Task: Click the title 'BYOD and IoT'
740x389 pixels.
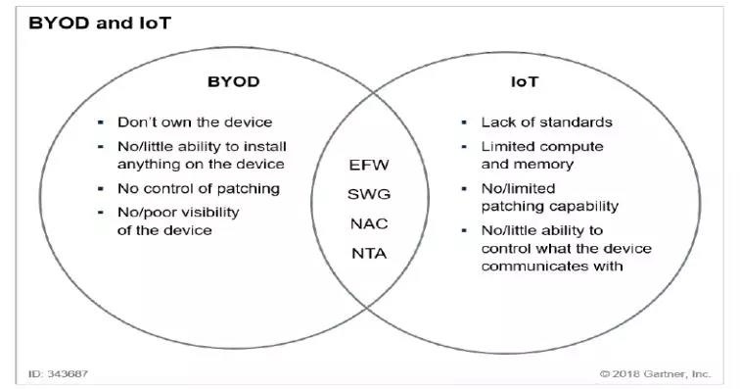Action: (100, 24)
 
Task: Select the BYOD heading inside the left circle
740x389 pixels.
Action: (234, 81)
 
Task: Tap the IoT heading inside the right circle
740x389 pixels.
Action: (525, 81)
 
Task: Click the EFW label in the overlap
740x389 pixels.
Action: (369, 165)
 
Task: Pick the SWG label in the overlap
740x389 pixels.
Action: (369, 194)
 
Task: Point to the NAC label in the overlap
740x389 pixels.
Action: (369, 223)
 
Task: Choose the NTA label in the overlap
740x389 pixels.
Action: (369, 254)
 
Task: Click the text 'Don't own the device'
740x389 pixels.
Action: (195, 122)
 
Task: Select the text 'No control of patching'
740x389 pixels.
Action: (199, 189)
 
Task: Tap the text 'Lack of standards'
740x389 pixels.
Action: (547, 122)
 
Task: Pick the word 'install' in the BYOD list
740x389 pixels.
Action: (264, 147)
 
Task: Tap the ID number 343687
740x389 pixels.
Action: (68, 374)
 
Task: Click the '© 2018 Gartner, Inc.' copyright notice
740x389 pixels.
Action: (655, 374)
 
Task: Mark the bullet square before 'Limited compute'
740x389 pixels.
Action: (464, 147)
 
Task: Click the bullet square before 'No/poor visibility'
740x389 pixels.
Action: (101, 213)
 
